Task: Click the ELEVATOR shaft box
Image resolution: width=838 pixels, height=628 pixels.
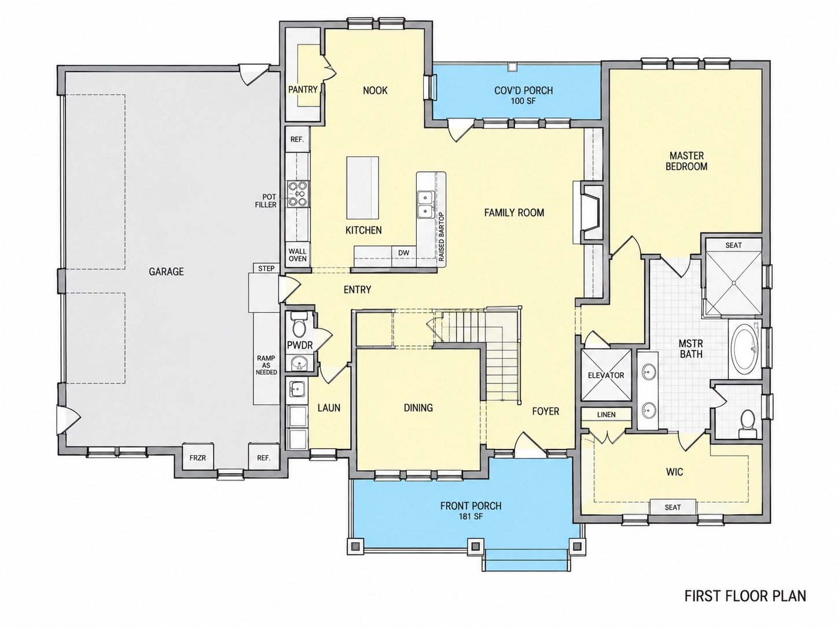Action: (x=606, y=375)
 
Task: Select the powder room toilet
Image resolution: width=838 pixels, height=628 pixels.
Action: (x=298, y=324)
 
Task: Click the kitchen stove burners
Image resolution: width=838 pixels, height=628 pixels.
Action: (x=298, y=194)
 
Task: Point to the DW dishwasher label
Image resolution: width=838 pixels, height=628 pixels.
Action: (x=403, y=253)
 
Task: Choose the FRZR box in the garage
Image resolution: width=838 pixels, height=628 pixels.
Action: (x=197, y=457)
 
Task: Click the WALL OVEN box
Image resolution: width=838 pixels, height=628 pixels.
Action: (x=297, y=254)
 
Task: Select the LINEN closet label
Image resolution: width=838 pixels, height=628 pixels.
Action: (x=607, y=415)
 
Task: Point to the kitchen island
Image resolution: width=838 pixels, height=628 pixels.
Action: (x=362, y=188)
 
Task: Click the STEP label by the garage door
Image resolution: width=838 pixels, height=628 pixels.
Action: (x=266, y=268)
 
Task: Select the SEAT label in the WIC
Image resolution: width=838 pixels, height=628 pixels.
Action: (x=672, y=507)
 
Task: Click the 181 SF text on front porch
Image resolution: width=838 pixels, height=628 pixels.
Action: (x=471, y=516)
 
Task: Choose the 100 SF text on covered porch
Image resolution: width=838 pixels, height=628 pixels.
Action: (x=523, y=101)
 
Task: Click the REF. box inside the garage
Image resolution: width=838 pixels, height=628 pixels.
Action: (x=263, y=457)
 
